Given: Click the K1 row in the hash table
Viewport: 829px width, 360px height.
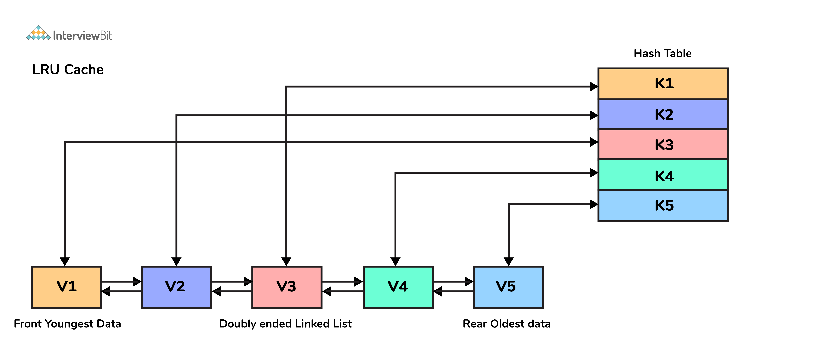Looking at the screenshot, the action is coord(663,83).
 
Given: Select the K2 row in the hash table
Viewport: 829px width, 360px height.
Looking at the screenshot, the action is coord(663,114).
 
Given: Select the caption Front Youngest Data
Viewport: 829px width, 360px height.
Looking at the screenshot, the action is coord(67,324).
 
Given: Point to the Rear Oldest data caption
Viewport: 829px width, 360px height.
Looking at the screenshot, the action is coord(507,324).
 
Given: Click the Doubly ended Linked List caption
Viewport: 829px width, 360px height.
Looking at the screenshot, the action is coord(285,324).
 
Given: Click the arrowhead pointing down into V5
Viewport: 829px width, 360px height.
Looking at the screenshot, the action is coord(508,262).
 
